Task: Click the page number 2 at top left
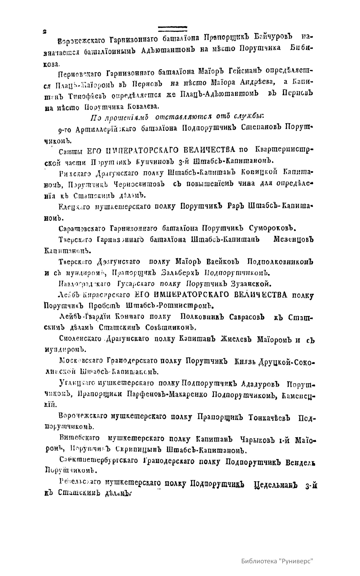pyautogui.click(x=44, y=31)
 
